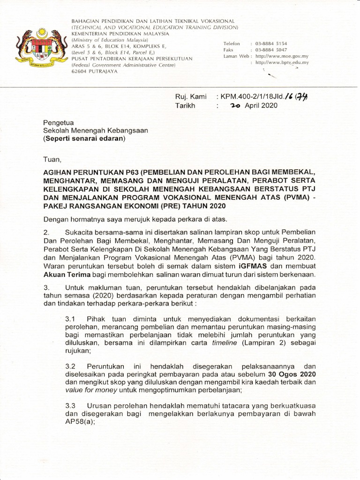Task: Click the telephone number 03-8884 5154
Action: click(x=271, y=43)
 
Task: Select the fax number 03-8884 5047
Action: click(x=271, y=49)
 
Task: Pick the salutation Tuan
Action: click(x=52, y=159)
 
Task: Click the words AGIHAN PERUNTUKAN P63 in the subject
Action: click(x=90, y=172)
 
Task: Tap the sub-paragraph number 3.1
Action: click(x=71, y=318)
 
